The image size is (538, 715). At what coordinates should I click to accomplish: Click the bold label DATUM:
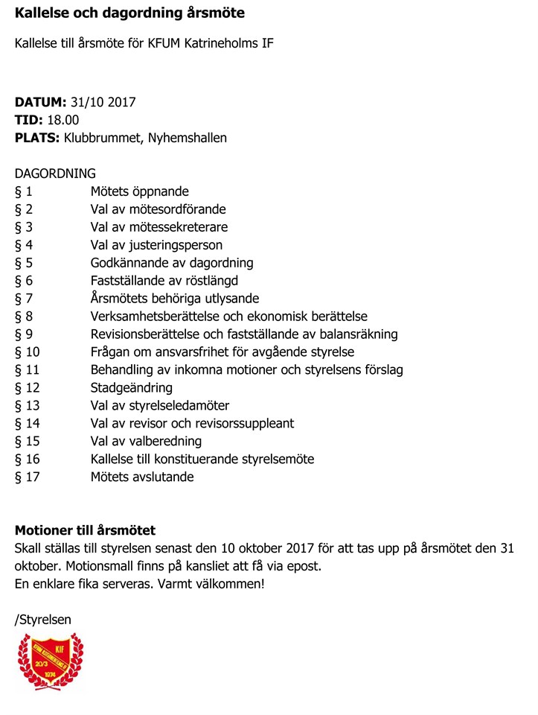(x=41, y=102)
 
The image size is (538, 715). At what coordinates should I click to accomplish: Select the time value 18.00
(x=63, y=120)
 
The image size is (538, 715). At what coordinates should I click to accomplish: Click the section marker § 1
(x=24, y=191)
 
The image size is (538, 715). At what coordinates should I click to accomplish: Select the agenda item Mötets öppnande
(x=139, y=191)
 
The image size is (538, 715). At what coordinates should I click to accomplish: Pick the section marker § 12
(x=27, y=388)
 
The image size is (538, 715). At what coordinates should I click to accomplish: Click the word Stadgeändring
(x=131, y=388)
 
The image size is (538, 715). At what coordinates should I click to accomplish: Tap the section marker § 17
(x=27, y=477)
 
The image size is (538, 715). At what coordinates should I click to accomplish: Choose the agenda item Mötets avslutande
(x=142, y=477)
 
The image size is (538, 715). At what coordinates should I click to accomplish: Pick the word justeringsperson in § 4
(x=176, y=245)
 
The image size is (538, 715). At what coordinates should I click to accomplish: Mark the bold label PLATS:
(x=36, y=138)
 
